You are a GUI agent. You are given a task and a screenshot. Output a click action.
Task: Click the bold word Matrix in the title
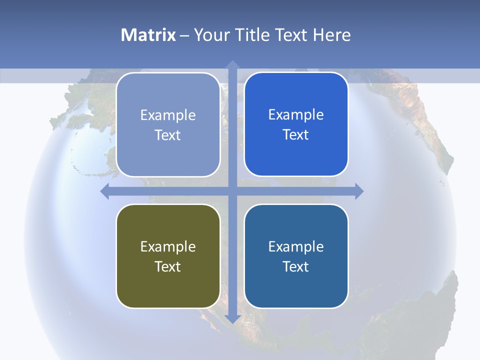(148, 35)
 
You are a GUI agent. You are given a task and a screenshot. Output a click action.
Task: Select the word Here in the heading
(331, 35)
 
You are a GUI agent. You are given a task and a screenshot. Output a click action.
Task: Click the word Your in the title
(210, 35)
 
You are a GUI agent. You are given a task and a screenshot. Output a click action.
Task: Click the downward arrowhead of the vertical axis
(232, 318)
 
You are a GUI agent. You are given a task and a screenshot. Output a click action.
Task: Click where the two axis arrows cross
(232, 191)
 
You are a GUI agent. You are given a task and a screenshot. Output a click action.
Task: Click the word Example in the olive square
(168, 247)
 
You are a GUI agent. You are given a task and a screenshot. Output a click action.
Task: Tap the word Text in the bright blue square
(296, 135)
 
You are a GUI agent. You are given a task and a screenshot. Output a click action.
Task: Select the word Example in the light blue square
(168, 115)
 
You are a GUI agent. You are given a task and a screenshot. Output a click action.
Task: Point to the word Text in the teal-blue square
(296, 267)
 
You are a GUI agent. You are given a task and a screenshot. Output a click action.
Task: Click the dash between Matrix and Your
(184, 35)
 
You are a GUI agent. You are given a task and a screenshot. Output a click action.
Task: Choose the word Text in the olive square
(168, 267)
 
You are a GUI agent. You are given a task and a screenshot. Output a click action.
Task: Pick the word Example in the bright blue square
(296, 115)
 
